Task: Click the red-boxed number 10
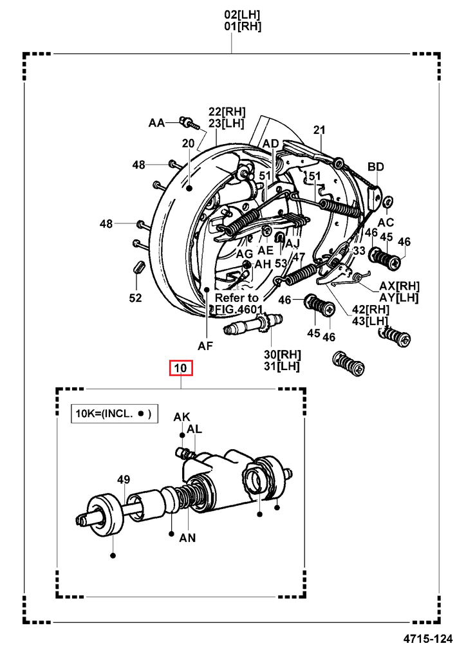click(x=181, y=369)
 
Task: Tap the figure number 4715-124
click(x=431, y=640)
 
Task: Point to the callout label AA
click(x=157, y=122)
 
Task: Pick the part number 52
click(x=135, y=297)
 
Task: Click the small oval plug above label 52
click(x=136, y=266)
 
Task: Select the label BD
click(x=376, y=167)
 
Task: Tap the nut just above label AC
click(x=388, y=204)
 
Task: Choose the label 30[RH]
click(x=282, y=354)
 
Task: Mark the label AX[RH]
click(x=400, y=285)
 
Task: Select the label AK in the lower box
click(x=182, y=417)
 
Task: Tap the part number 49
click(x=124, y=479)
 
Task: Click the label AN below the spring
click(x=187, y=537)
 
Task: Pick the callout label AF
click(x=205, y=346)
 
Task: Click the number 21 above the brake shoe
click(x=320, y=130)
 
